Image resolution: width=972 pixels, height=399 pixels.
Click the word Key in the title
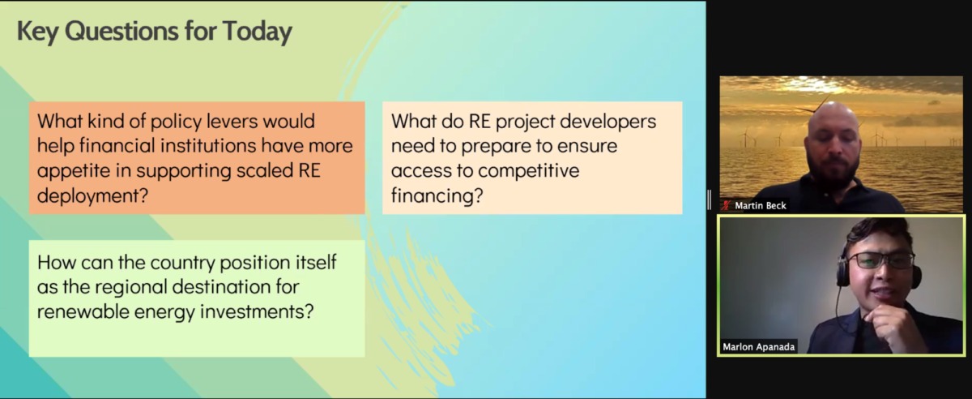pyautogui.click(x=36, y=32)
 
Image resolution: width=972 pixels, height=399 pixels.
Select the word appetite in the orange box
pyautogui.click(x=75, y=171)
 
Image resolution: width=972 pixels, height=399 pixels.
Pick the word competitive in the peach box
pyautogui.click(x=529, y=171)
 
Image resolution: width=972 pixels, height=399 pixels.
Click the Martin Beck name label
pyautogui.click(x=760, y=206)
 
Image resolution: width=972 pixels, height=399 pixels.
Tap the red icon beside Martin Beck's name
pyautogui.click(x=727, y=206)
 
